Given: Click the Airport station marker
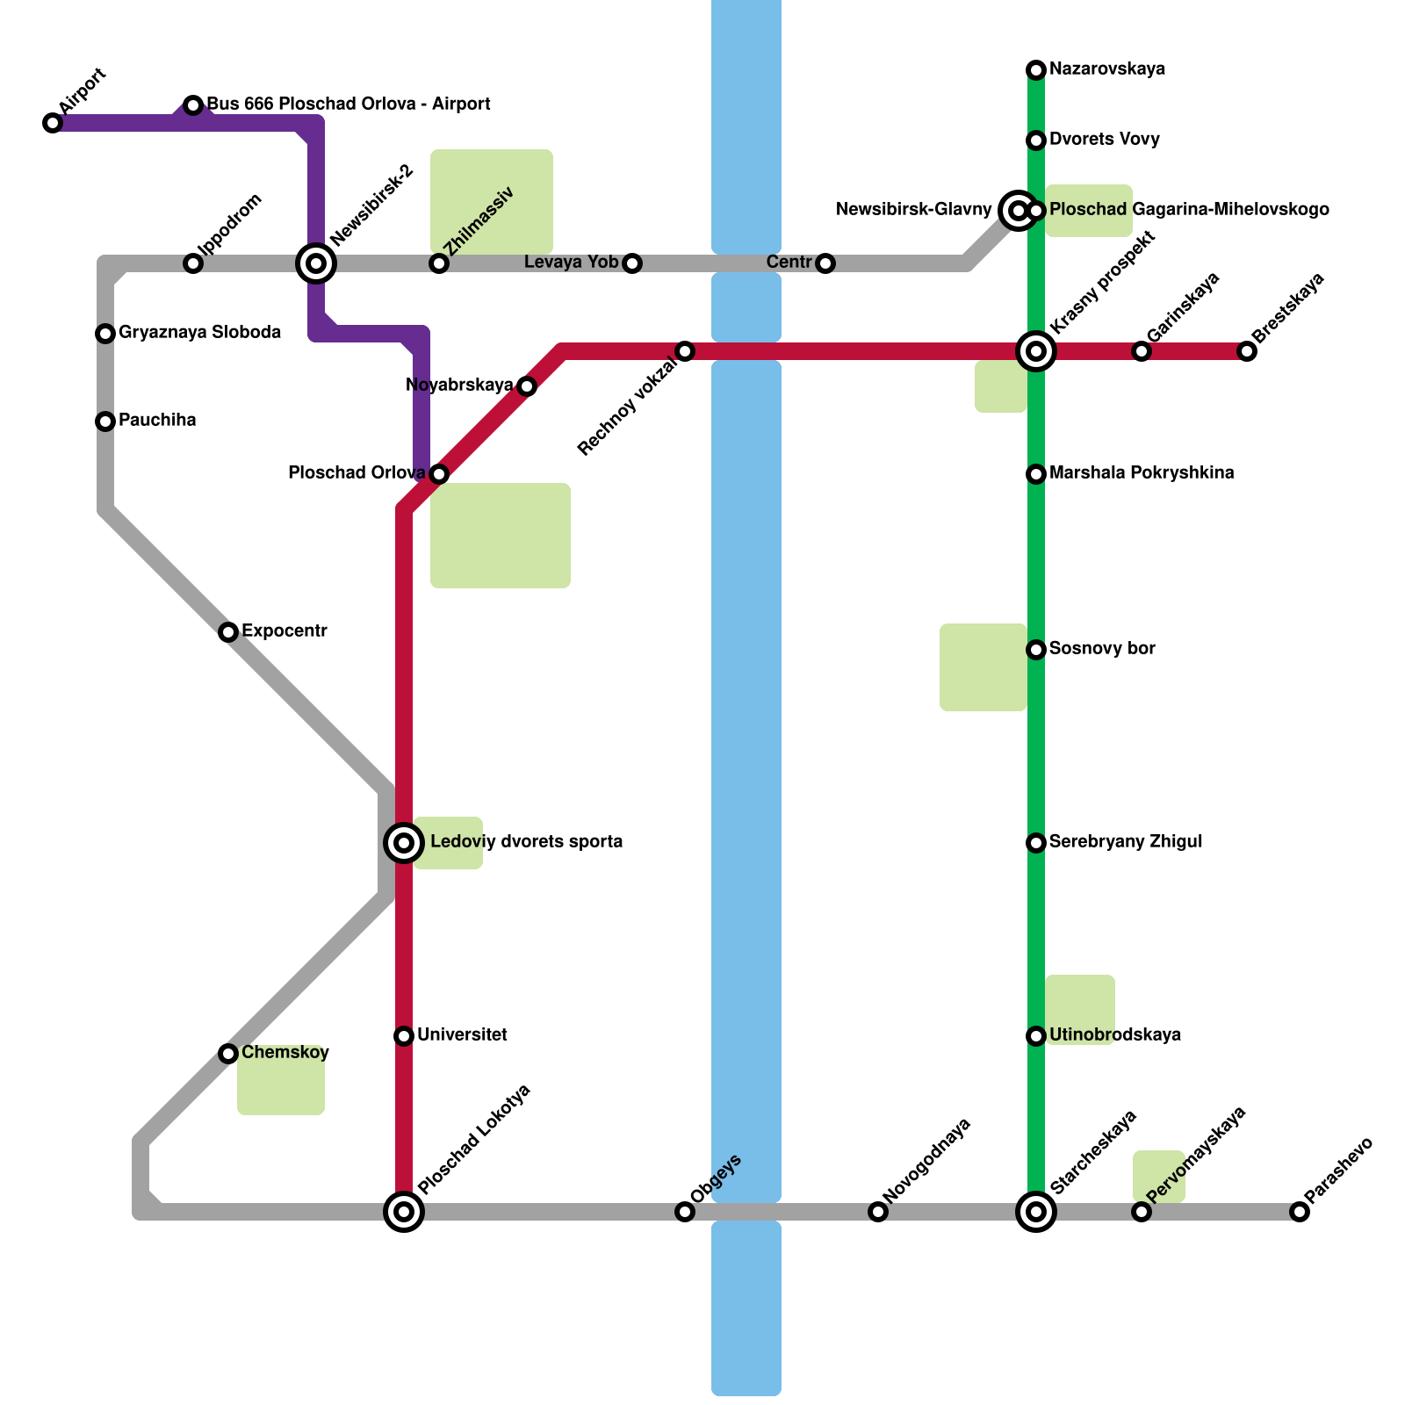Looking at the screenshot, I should click(53, 123).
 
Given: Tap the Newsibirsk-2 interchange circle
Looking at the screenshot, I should click(316, 263).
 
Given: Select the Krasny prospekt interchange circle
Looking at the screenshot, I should click(1036, 351).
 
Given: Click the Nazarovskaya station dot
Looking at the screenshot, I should click(1036, 69).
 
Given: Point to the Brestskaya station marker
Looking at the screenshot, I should click(1247, 351).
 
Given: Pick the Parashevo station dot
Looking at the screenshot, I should click(1300, 1212).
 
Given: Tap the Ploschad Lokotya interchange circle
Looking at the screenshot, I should click(404, 1212).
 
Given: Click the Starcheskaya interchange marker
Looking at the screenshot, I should click(1036, 1212).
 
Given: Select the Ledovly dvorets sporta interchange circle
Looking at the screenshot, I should click(404, 843).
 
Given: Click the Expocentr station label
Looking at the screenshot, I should click(284, 631).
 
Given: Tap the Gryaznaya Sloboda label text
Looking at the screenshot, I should click(199, 333).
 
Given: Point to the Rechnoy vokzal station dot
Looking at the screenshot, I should click(685, 351).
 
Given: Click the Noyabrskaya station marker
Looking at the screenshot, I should click(527, 386).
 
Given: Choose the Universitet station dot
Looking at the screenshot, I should click(404, 1036).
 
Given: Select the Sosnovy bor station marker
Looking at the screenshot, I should click(1036, 650).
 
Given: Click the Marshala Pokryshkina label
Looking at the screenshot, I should click(1142, 473).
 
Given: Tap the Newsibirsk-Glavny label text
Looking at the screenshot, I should click(913, 210).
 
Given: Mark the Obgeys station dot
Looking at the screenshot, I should click(685, 1212).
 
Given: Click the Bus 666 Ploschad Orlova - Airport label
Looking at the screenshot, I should click(348, 104).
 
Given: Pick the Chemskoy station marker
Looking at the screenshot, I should click(228, 1053).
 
